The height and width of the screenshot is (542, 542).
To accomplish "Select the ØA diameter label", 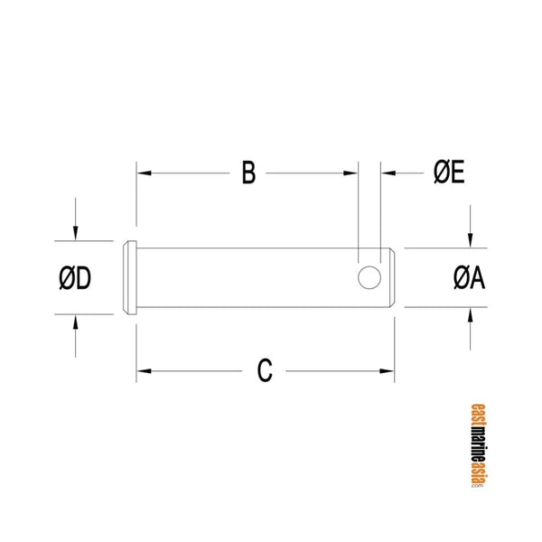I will [x=469, y=278].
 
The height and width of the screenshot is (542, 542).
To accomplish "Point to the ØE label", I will [x=448, y=173].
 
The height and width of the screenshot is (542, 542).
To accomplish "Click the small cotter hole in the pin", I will [x=369, y=277].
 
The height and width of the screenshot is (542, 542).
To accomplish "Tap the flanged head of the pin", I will [x=129, y=277].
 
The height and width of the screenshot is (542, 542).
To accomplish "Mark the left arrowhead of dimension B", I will [x=143, y=173].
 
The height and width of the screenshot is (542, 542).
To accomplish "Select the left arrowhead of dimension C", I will [x=143, y=370].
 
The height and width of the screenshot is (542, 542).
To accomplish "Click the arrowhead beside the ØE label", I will [x=386, y=173].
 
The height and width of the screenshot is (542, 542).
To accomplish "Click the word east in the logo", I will [x=478, y=412].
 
